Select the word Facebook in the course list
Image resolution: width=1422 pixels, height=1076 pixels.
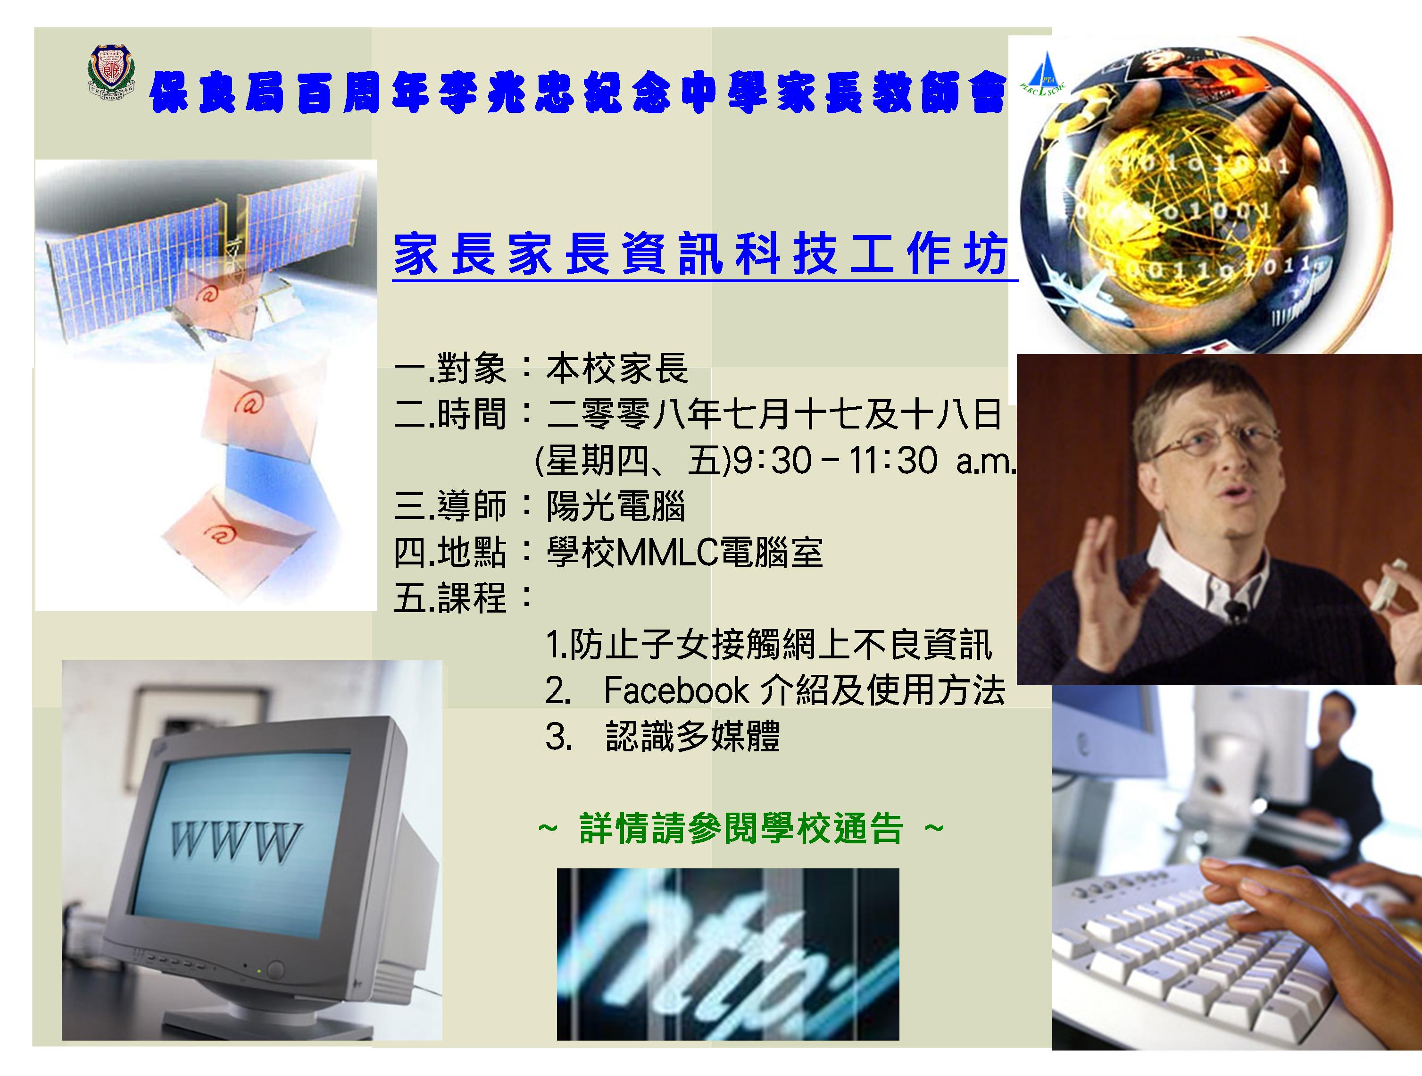pyautogui.click(x=676, y=690)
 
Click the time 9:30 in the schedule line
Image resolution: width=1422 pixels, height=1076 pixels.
pyautogui.click(x=772, y=461)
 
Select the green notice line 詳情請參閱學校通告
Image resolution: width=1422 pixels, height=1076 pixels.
pyautogui.click(x=741, y=828)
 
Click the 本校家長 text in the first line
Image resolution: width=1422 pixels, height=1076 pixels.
pyautogui.click(x=616, y=369)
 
